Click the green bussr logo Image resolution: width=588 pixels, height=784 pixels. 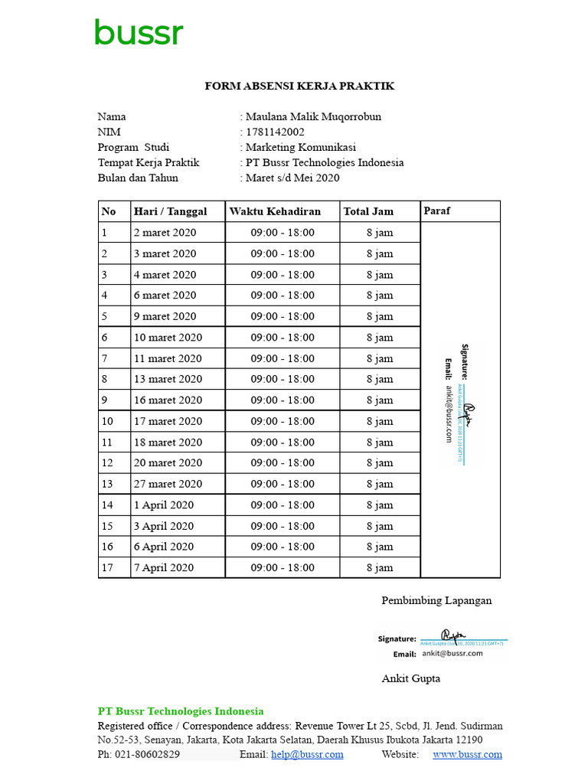(139, 34)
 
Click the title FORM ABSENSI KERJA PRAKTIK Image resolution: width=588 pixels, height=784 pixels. (299, 87)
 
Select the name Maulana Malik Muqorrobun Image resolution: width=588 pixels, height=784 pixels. (312, 117)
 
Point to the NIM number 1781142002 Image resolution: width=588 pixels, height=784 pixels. (275, 132)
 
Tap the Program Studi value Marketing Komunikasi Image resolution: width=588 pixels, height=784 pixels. (300, 148)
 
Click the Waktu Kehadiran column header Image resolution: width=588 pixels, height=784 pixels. (275, 212)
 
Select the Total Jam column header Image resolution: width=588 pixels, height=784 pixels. (368, 212)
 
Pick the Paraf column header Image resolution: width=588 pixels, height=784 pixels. (437, 211)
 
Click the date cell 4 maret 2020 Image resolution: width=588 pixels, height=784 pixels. (165, 275)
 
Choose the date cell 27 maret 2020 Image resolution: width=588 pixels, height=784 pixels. (168, 484)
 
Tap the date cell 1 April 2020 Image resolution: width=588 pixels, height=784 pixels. (163, 505)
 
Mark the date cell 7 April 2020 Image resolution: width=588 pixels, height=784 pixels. (163, 568)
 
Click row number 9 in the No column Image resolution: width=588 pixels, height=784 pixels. (104, 400)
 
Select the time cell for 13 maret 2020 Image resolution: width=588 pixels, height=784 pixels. (283, 380)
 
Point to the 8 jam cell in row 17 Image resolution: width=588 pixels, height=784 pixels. (380, 568)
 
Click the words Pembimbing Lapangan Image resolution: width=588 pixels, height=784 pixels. (436, 601)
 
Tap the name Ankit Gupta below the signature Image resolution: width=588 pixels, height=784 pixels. (411, 679)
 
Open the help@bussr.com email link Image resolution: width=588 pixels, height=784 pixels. (307, 755)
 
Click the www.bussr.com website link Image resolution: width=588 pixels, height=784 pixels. (467, 755)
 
